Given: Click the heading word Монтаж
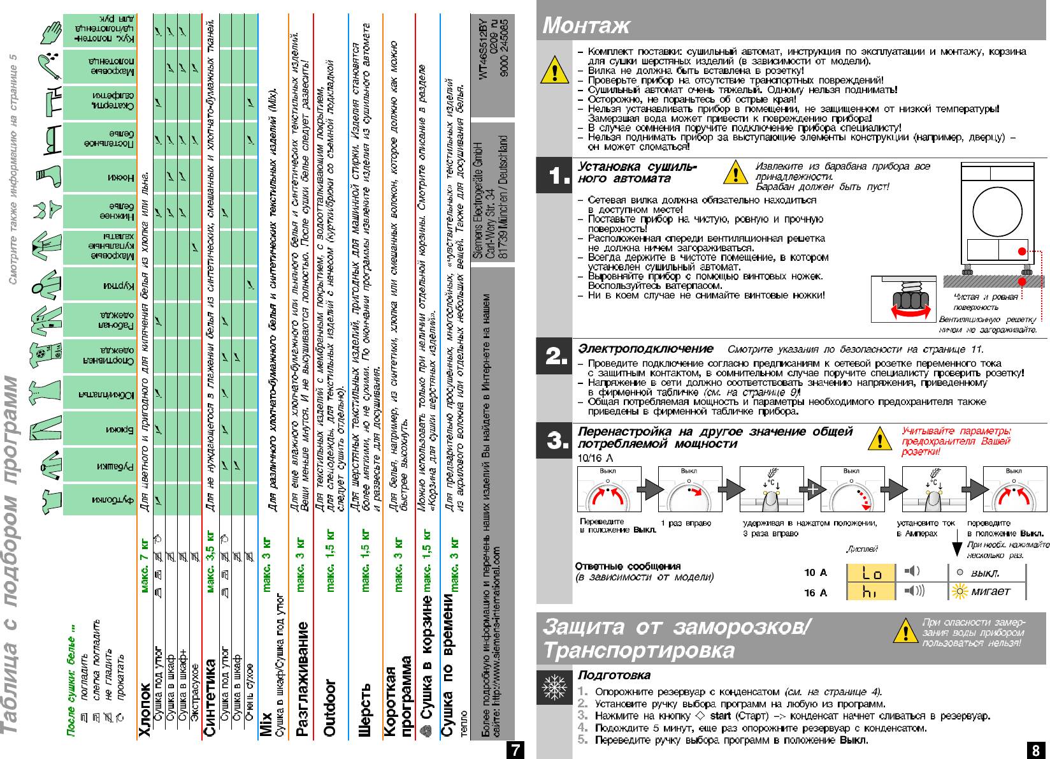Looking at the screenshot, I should coord(586,26).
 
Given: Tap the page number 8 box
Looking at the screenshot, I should coord(1037,750).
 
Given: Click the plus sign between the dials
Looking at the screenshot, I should coord(812,490).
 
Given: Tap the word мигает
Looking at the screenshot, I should coord(991,592).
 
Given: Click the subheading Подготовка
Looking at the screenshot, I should coord(614,675).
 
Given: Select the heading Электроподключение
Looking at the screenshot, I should coord(645,349).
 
